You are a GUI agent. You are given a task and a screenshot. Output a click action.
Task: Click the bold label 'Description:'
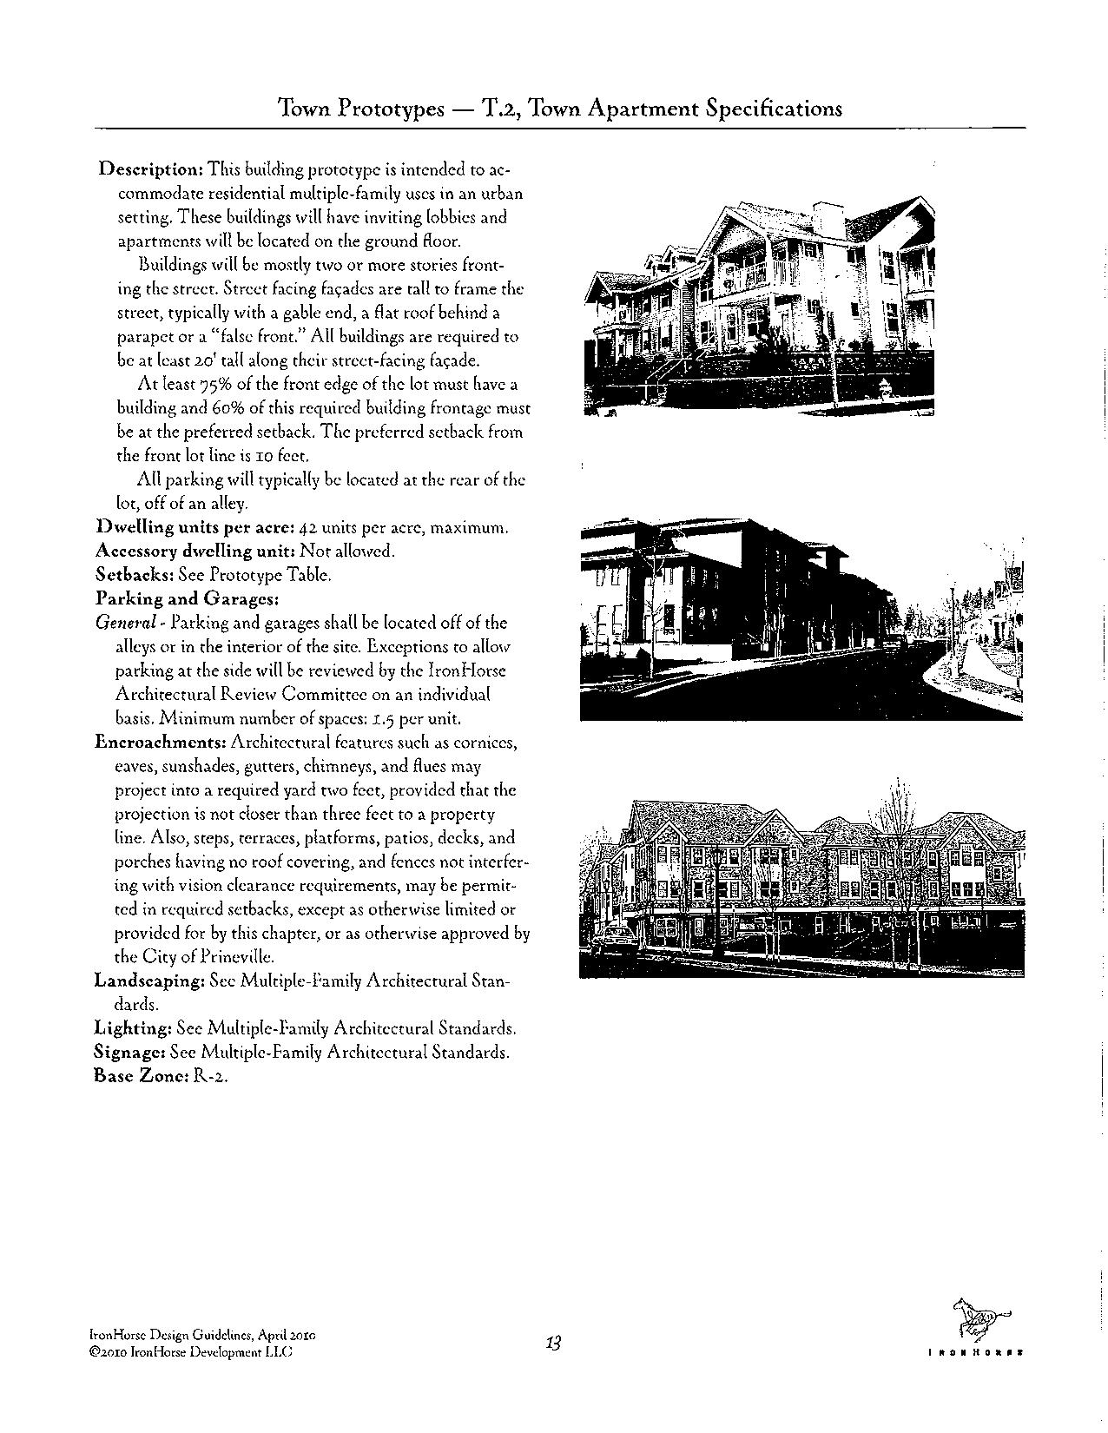[151, 168]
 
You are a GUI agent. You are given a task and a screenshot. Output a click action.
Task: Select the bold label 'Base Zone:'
[139, 1076]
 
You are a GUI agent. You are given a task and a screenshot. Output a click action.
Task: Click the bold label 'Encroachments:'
[161, 743]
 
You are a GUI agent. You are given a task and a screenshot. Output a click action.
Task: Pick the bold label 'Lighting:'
[132, 1028]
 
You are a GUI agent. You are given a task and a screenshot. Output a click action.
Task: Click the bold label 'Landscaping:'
[149, 981]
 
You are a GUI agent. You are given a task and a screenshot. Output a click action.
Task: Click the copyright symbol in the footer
[94, 1353]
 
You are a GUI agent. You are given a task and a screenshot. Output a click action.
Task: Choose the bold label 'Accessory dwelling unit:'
[195, 551]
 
